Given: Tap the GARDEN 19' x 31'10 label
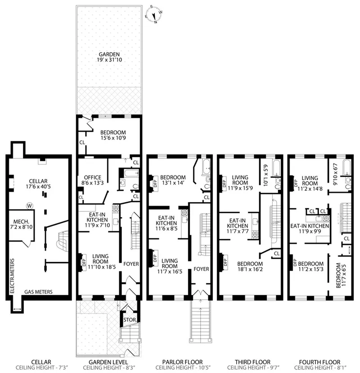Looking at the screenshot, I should point(109,58).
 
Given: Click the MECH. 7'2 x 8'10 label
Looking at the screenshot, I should point(21,224).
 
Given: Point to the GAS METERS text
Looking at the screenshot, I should point(39,292).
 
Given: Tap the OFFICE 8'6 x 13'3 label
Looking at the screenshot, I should point(93,180).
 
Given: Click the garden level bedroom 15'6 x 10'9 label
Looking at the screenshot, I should point(110,135).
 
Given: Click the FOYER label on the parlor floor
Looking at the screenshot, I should point(201,269).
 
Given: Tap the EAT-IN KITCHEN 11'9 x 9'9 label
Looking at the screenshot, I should point(309,229).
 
